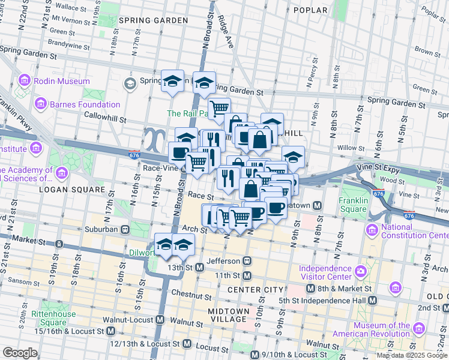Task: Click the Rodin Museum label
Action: (62, 81)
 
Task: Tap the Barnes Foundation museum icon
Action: (41, 104)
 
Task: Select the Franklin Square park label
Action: (353, 205)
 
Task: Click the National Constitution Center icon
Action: (372, 229)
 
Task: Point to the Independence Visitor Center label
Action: (325, 272)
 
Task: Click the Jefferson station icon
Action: (246, 261)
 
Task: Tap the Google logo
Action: (20, 353)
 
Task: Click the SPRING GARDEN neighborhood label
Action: (153, 20)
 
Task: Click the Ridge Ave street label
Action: (226, 32)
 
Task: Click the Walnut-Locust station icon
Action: (158, 320)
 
